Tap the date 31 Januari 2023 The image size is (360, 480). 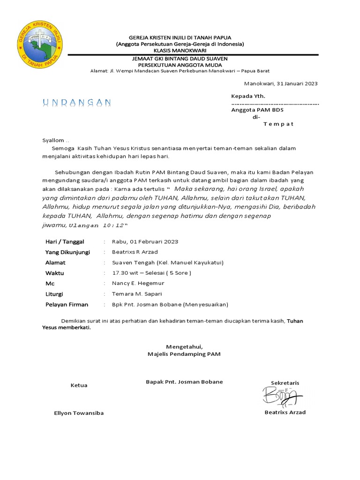pos(297,84)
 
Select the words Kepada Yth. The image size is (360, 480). pos(248,96)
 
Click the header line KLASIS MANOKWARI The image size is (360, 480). pos(180,50)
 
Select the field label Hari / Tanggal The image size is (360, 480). pos(65,242)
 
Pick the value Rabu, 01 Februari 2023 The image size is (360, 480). pos(145,242)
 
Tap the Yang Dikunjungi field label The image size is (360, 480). pos(67,252)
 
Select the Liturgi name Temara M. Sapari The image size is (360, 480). pos(137,294)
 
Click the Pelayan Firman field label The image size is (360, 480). pos(67,305)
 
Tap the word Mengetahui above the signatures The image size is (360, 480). pos(184,346)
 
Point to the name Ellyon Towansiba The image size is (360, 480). pos(79,413)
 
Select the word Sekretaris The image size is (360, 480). pos(285,383)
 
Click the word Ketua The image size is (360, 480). pos(79,385)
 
